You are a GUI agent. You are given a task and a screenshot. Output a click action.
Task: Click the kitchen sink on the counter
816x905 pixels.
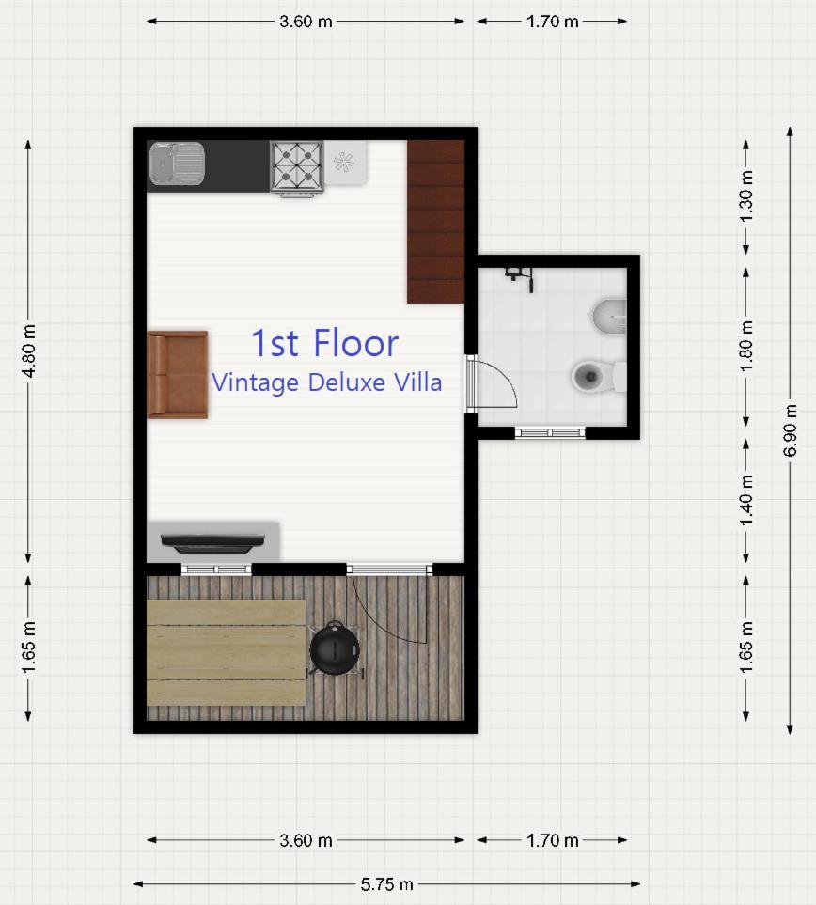click(177, 164)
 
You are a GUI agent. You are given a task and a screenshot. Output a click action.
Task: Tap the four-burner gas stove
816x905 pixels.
click(297, 166)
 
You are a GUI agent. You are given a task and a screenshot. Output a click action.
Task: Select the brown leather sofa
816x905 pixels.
click(178, 375)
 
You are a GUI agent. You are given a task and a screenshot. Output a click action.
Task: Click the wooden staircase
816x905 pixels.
click(436, 222)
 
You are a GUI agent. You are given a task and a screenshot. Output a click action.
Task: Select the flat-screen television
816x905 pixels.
click(212, 542)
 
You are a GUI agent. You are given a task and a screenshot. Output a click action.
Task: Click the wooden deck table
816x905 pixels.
click(227, 652)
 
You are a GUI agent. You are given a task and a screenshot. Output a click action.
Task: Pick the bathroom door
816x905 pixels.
click(490, 382)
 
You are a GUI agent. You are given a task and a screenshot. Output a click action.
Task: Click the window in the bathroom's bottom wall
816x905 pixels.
click(550, 433)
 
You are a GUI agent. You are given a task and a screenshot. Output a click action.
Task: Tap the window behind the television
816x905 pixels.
click(216, 570)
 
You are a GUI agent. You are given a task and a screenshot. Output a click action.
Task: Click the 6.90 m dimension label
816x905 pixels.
click(790, 430)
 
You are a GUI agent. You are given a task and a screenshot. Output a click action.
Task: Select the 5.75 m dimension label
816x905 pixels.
click(386, 883)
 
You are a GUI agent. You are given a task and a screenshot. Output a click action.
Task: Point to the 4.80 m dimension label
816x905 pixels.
click(29, 351)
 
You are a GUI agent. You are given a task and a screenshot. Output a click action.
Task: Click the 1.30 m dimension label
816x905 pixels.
click(746, 196)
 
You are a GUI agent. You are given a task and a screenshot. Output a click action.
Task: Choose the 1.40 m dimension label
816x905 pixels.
click(746, 500)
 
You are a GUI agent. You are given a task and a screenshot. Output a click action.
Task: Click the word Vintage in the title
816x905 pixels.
click(256, 383)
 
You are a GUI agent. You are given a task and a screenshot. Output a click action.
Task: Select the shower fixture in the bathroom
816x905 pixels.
click(520, 278)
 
